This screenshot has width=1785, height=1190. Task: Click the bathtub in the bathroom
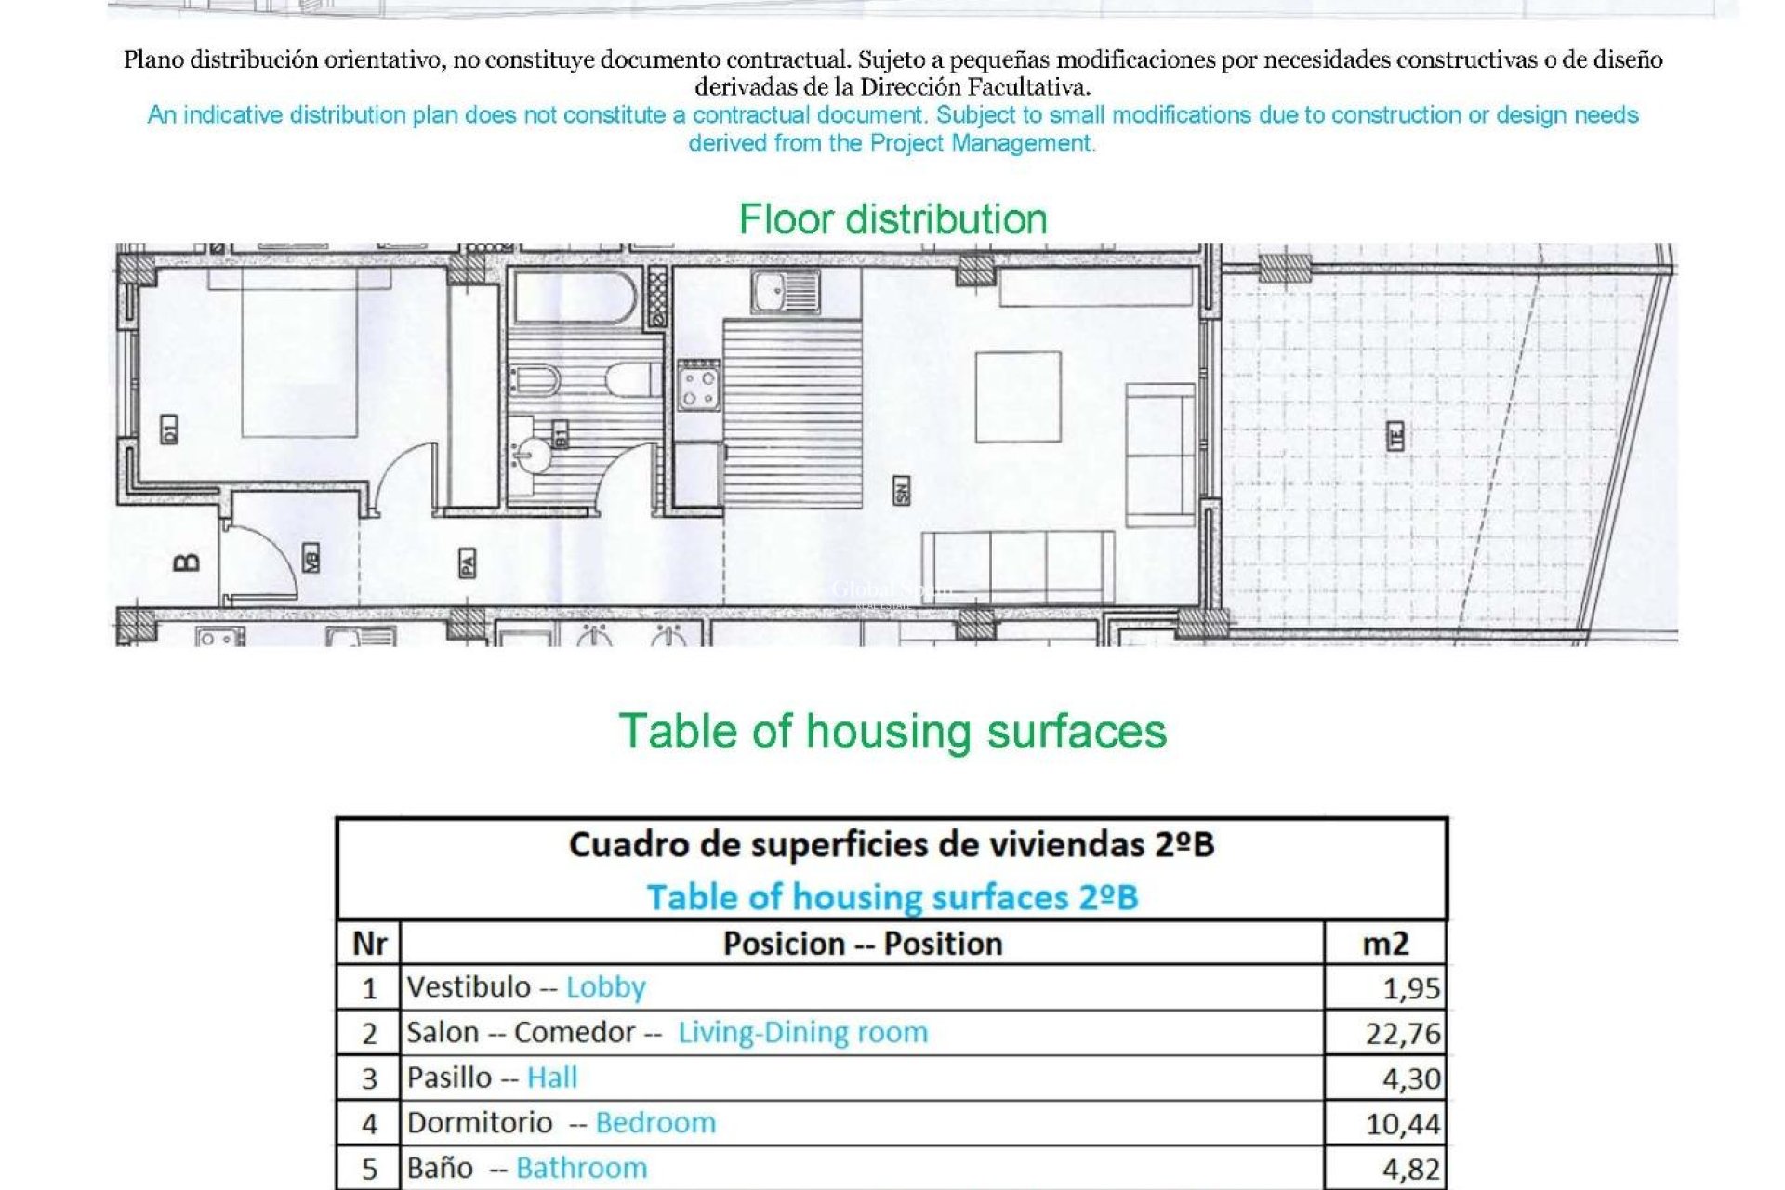coord(574,296)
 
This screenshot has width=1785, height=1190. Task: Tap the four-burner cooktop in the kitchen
coord(698,386)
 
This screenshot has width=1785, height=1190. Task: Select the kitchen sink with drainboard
coord(785,292)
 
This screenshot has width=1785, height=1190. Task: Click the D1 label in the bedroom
coord(168,430)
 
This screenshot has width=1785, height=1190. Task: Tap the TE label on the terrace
coord(1395,436)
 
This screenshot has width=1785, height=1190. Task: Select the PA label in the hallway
coord(467,562)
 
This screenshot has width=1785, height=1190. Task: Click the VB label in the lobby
coord(311,558)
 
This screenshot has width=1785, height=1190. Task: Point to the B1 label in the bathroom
coord(561,434)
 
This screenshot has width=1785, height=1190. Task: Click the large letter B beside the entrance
coord(187,562)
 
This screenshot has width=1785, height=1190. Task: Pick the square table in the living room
coord(1018,397)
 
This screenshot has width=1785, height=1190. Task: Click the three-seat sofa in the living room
coord(1018,566)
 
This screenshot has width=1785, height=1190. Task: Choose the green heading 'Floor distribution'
coord(892,220)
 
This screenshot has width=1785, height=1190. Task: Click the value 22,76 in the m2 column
coord(1402,1033)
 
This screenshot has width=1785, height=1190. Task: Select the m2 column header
coord(1385,944)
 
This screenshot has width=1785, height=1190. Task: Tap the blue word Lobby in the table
coord(605,987)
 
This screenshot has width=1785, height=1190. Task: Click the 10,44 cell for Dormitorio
coord(1402,1124)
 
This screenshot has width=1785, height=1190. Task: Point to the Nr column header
coord(369,944)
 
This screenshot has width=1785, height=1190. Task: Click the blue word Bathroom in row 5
coord(581,1169)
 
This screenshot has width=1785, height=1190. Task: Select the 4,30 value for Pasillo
coord(1410,1078)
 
